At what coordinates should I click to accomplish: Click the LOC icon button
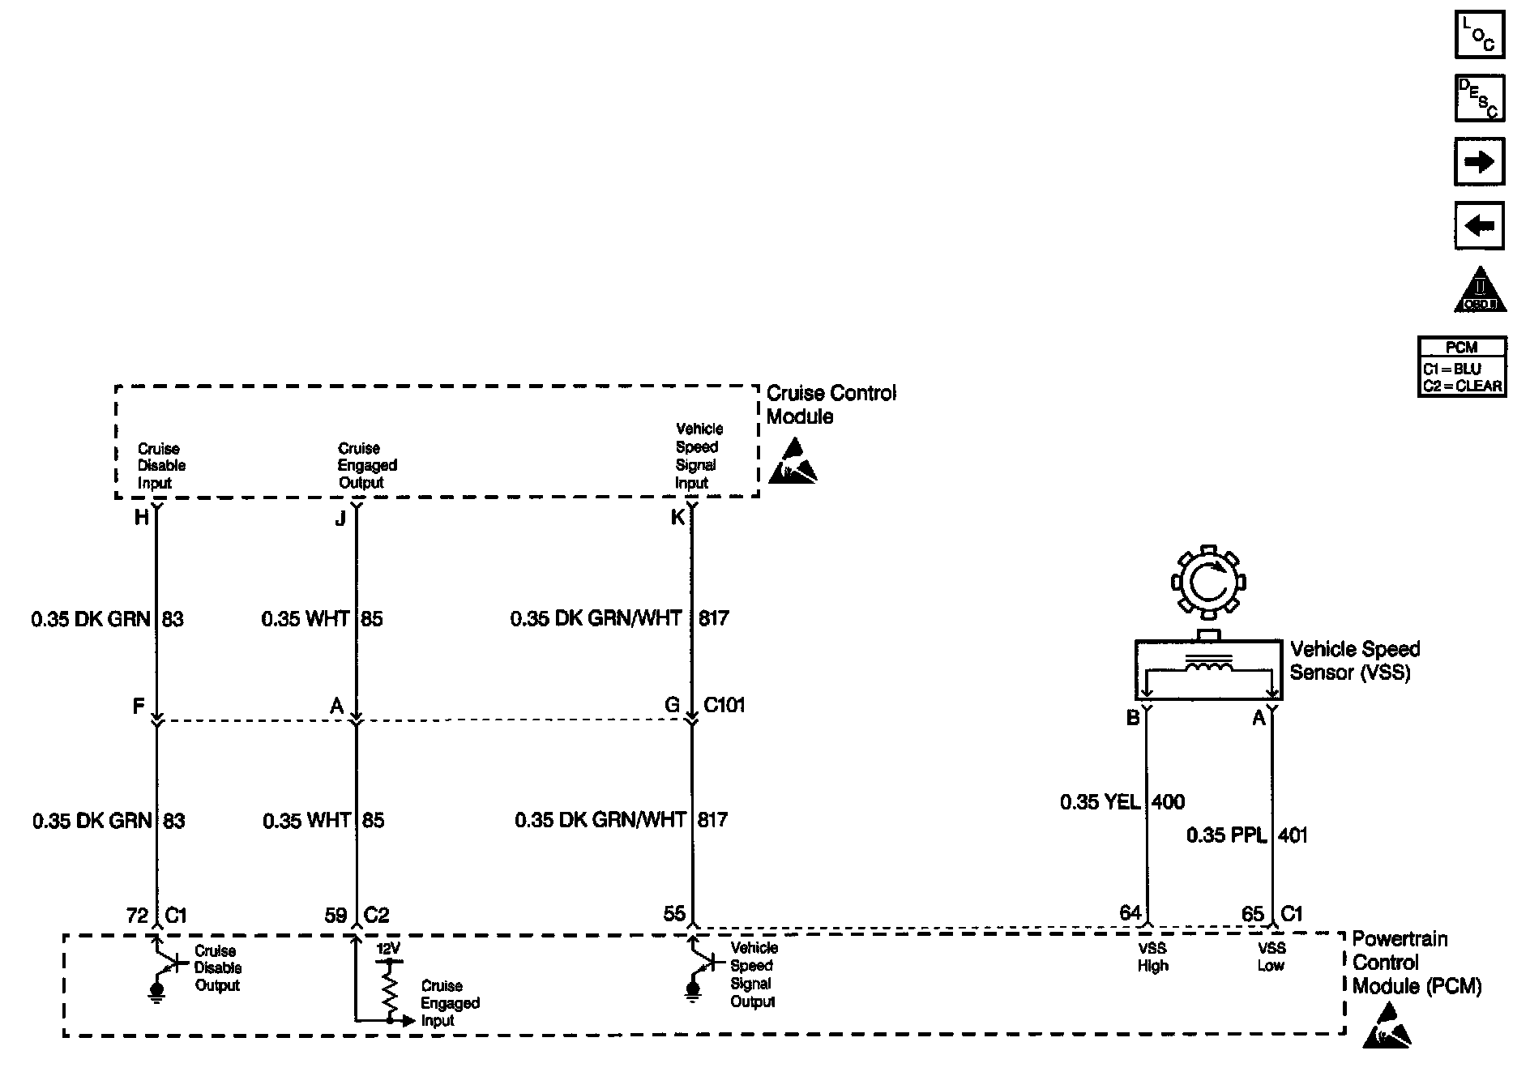pos(1479,36)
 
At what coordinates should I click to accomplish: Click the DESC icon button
pos(1479,99)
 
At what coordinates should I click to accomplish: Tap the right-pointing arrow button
pos(1479,162)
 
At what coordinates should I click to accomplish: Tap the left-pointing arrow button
pos(1479,225)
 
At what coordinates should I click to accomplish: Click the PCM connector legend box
pos(1462,367)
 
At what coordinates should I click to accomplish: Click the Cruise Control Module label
pos(831,405)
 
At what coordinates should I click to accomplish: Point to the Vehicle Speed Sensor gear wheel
pos(1208,581)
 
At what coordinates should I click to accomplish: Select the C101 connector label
pos(724,705)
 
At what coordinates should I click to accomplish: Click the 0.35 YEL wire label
pos(1100,802)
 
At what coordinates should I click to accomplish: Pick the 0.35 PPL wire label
pos(1226,835)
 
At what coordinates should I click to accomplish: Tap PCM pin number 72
pos(137,916)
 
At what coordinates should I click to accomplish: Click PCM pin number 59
pos(335,916)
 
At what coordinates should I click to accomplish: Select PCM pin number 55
pos(674,914)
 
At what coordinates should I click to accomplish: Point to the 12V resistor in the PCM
pos(390,988)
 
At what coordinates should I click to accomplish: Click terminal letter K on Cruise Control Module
pos(677,518)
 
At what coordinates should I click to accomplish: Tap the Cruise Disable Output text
pos(217,968)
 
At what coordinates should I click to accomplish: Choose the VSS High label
pos(1152,957)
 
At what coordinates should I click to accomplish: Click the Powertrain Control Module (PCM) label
pos(1416,963)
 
